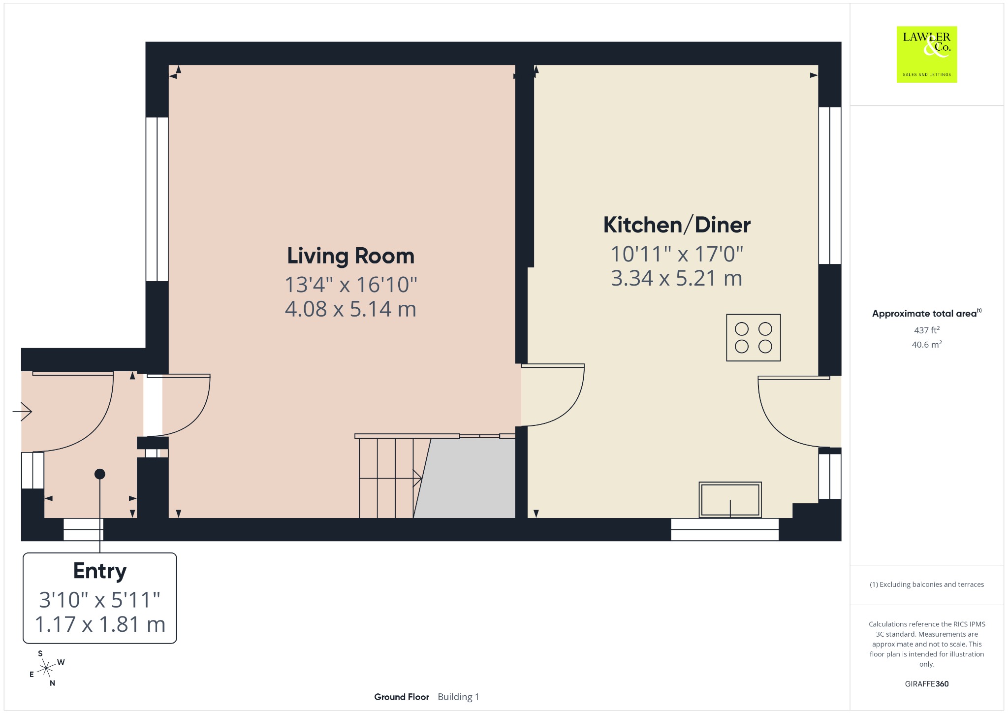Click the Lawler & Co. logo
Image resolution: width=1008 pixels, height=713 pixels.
927,54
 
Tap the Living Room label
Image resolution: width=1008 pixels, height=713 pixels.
350,256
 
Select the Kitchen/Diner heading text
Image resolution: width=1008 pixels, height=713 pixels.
677,225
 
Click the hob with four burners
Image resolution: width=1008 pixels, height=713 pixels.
754,338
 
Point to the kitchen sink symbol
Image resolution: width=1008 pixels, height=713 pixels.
730,500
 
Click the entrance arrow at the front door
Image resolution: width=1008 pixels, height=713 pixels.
22,411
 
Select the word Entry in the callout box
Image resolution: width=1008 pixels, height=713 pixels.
100,571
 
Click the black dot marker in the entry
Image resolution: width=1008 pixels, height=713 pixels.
100,474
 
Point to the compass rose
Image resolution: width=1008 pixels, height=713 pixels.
46,668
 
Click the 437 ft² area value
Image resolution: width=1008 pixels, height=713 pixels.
927,330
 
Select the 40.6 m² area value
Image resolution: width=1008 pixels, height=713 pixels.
927,344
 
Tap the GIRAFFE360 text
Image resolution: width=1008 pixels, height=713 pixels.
927,684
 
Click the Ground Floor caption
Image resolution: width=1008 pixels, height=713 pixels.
402,697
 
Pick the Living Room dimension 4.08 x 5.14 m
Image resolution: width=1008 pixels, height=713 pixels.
350,309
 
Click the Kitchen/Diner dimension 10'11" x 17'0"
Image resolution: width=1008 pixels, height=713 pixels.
677,255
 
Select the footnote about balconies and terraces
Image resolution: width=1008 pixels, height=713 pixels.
927,584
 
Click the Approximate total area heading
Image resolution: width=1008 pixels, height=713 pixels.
927,313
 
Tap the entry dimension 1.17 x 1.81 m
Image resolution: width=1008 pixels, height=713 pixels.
100,624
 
